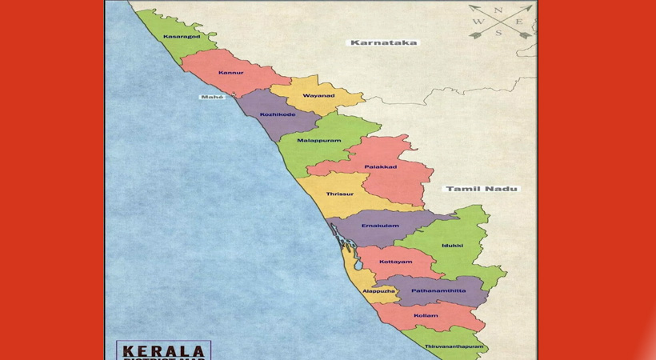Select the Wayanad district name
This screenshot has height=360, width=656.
(318, 96)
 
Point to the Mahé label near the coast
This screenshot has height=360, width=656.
(212, 96)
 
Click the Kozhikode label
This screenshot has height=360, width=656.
(278, 114)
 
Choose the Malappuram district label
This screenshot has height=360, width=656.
(319, 141)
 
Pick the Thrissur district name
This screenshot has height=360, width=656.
(339, 194)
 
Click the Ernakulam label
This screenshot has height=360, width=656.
(380, 226)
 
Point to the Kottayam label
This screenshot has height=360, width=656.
(395, 262)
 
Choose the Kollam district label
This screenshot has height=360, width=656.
(426, 315)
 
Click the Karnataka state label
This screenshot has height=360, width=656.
(382, 42)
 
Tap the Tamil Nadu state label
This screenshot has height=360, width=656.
(481, 189)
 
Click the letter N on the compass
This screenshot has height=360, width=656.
(498, 10)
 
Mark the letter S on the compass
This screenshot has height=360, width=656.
(498, 33)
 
